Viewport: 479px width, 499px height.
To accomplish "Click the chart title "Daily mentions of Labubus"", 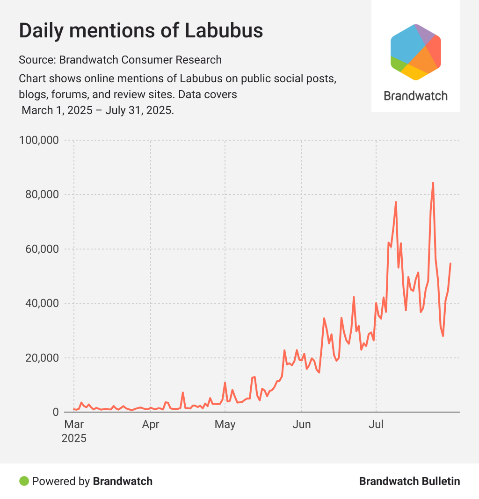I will (141, 31).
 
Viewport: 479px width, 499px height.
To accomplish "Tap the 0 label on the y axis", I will (55, 412).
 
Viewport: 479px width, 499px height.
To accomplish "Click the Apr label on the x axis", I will (151, 425).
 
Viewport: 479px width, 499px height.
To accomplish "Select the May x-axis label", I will (225, 425).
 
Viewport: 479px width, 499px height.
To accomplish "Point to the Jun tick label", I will (302, 425).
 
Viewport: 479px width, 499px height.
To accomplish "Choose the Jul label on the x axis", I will (376, 425).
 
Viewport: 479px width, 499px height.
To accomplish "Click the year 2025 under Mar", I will (74, 439).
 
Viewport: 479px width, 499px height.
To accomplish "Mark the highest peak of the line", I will (433, 183).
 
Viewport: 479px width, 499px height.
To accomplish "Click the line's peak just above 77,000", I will (396, 202).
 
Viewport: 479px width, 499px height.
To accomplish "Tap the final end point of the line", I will (450, 264).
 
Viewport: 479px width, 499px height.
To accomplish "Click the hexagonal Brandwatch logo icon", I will (416, 52).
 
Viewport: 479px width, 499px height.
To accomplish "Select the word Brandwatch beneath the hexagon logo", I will (415, 96).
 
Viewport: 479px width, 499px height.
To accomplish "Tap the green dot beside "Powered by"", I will (24, 481).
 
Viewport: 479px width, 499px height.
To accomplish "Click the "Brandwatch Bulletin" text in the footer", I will (409, 481).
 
